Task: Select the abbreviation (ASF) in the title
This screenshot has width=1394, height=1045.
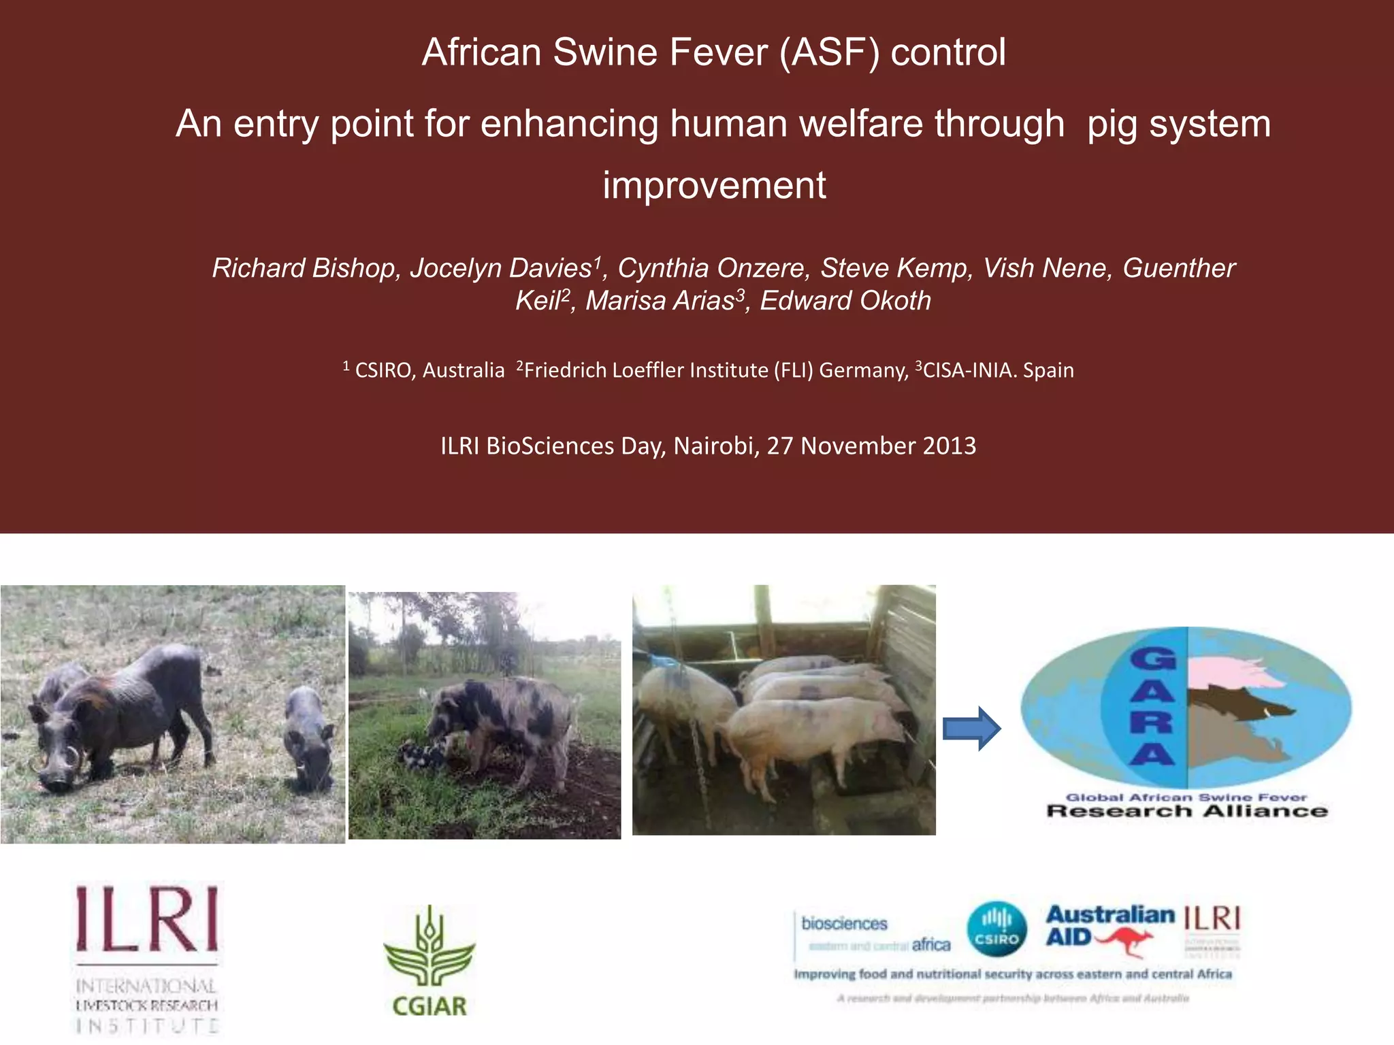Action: pos(829,52)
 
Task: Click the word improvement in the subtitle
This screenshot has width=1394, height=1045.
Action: pos(714,185)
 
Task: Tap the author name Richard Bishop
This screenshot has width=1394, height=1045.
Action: pos(305,268)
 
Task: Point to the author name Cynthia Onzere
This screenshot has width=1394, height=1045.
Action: pos(713,268)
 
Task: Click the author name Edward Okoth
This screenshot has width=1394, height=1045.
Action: pos(845,301)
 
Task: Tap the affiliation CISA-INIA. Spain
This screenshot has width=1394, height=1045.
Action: pos(997,371)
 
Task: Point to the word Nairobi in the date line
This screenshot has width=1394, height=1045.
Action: pos(715,446)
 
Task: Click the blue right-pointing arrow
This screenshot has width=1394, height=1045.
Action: pos(971,729)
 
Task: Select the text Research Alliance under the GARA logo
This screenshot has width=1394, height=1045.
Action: pos(1186,812)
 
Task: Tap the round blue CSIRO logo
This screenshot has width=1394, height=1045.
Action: pos(997,929)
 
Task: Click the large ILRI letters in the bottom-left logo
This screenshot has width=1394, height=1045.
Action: pos(147,918)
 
